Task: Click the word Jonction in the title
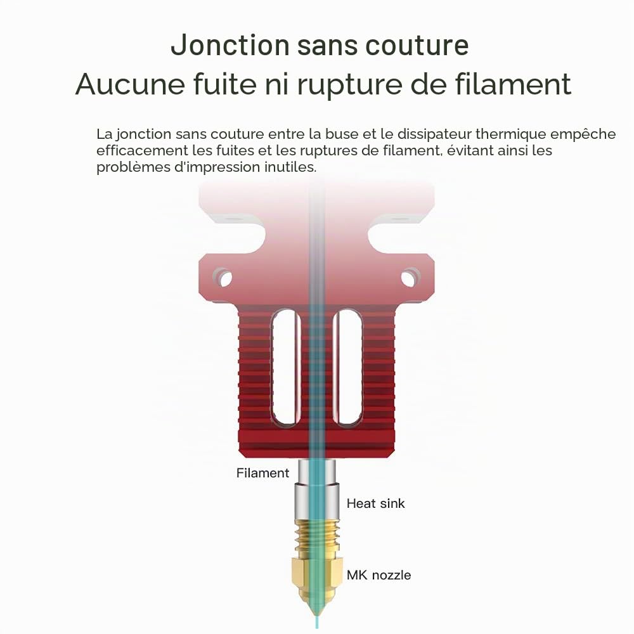(x=230, y=45)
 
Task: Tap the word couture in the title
(x=417, y=45)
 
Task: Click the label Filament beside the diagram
(x=263, y=473)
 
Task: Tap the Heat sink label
(x=375, y=503)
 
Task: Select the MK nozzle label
(x=379, y=575)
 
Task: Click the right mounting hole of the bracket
(x=410, y=278)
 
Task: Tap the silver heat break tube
(x=316, y=489)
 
